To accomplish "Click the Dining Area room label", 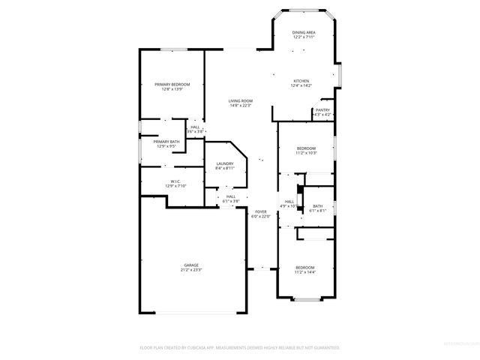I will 303,32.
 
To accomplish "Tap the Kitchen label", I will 301,80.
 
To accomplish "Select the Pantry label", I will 322,110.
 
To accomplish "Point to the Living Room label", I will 241,100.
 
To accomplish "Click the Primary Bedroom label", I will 172,84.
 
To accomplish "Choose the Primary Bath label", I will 166,142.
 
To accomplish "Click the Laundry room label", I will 225,163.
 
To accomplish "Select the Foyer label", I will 261,212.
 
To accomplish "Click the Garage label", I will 191,265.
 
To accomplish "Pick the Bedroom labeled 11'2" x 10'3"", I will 306,148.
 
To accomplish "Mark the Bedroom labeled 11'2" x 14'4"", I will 304,268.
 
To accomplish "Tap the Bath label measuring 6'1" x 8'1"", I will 318,206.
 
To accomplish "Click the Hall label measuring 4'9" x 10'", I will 289,202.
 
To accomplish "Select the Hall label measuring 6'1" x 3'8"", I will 231,196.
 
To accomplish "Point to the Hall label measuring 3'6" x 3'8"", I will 195,127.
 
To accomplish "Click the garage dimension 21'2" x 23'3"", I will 191,269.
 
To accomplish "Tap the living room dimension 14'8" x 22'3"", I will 241,105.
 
